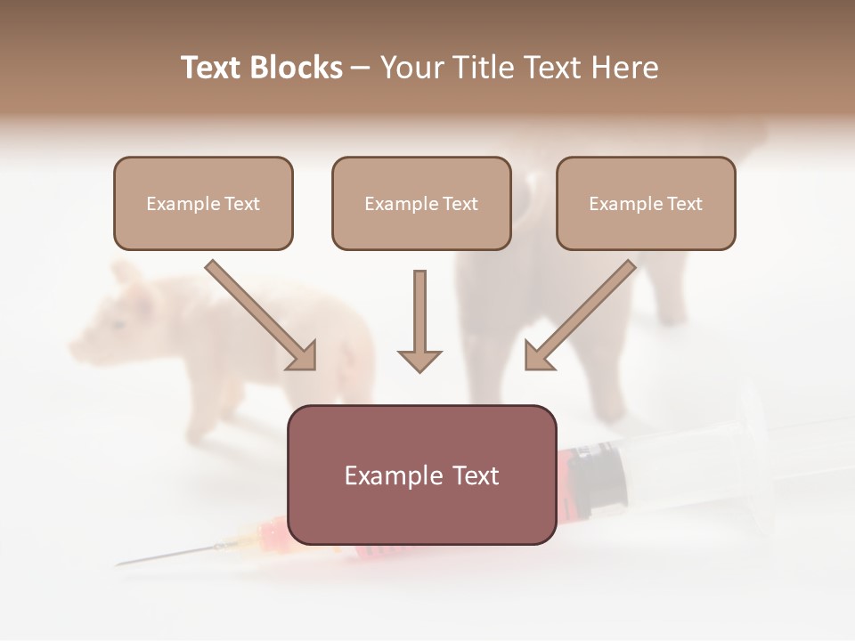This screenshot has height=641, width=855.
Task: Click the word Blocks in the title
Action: (296, 68)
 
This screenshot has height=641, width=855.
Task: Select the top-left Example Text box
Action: (203, 203)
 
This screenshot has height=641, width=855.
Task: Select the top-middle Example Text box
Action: (421, 203)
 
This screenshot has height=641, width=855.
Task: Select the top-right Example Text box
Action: (646, 203)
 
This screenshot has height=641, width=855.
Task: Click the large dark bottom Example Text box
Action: (421, 475)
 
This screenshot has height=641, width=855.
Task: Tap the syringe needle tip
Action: (120, 564)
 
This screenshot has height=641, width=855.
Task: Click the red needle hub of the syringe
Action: (272, 534)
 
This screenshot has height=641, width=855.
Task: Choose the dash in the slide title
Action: (361, 68)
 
